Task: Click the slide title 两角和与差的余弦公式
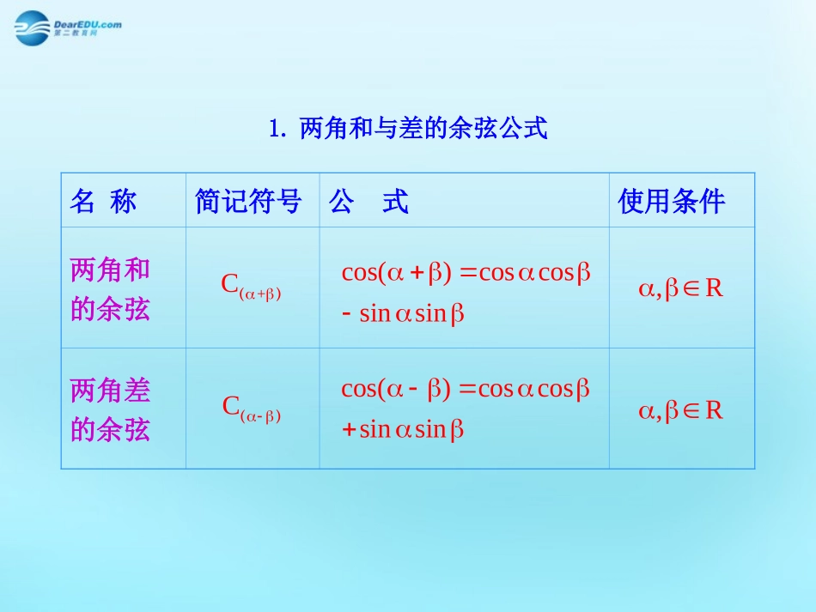423,130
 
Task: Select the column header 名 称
103,202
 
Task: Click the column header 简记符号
249,202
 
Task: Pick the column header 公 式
368,202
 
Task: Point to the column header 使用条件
672,202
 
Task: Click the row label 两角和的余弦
110,289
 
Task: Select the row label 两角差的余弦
110,409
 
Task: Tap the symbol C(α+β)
252,286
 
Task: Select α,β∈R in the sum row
680,288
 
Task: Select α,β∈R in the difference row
680,410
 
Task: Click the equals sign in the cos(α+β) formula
467,274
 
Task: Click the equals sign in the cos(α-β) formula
467,391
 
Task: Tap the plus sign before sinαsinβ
349,430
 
